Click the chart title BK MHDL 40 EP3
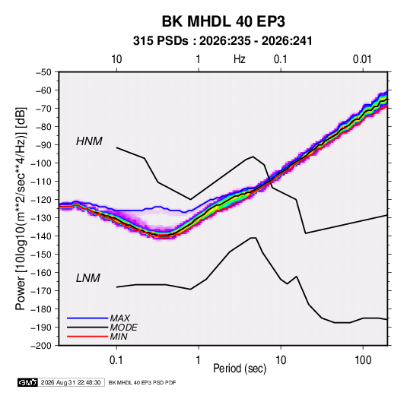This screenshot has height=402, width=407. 224,21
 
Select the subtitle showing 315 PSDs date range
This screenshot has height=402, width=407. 222,41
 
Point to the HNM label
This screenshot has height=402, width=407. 89,141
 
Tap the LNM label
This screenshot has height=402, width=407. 88,278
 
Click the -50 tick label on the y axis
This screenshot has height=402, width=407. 43,72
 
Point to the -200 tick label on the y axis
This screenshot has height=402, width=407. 41,346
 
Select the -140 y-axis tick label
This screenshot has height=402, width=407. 41,236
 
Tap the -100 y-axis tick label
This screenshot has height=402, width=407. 41,163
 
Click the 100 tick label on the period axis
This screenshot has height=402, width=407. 363,360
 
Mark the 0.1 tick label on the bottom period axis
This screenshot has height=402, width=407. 116,360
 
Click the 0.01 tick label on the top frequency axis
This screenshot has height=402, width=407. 362,59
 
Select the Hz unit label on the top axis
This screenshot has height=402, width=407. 240,59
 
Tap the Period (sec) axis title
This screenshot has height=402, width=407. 240,369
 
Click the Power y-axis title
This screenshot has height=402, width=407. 21,208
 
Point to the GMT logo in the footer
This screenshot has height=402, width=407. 28,382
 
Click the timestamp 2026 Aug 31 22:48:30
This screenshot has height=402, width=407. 71,382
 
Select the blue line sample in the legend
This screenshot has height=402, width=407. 87,318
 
